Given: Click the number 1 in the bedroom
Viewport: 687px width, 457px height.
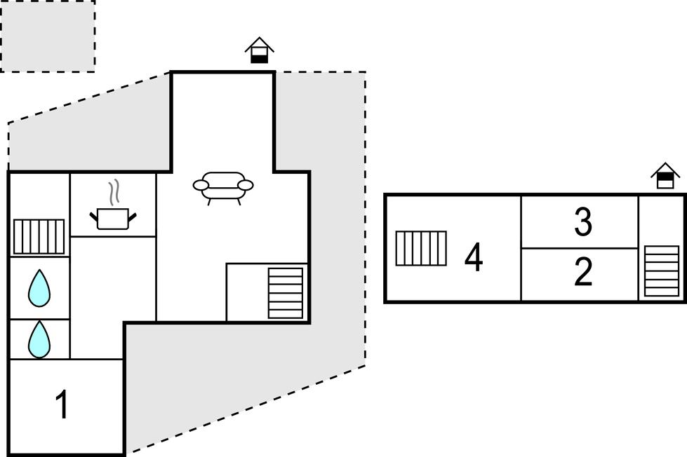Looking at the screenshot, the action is click(62, 404).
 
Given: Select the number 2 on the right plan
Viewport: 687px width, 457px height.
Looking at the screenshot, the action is click(583, 271).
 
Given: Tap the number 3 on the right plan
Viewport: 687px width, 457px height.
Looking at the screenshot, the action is click(583, 222).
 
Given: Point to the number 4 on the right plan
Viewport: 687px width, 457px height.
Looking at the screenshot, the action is click(474, 257).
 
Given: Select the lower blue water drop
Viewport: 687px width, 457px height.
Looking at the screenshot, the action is click(39, 339).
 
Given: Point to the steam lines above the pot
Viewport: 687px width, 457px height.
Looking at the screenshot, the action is click(114, 192).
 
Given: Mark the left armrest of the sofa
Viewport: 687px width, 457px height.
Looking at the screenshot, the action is click(200, 186).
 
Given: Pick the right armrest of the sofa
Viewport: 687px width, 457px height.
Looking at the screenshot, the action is click(246, 186).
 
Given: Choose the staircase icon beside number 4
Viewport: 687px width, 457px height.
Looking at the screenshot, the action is click(421, 248).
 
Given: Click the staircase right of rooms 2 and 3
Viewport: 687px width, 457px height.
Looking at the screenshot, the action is click(662, 271).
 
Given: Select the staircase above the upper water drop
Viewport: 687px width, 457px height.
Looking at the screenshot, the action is click(39, 236).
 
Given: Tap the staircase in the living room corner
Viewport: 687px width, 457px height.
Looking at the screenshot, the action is click(285, 293).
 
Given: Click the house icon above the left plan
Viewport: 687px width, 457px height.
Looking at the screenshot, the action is click(260, 50).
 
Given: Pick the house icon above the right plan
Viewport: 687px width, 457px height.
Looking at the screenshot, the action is click(665, 175).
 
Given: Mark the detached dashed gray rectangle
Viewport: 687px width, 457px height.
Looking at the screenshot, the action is click(47, 36).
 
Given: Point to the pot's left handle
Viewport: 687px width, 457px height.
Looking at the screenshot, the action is click(93, 216).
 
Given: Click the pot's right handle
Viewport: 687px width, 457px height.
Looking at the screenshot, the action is click(133, 216).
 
